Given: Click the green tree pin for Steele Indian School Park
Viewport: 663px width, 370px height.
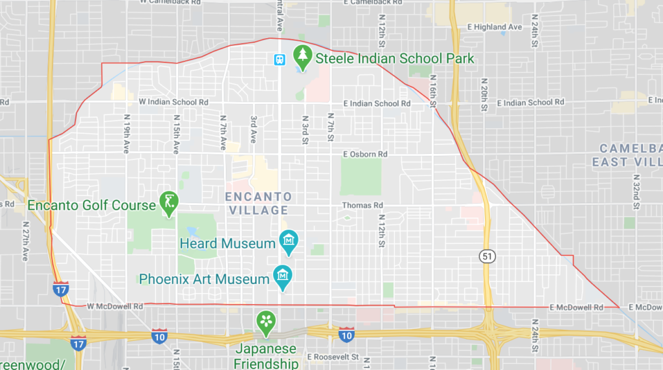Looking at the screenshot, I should pyautogui.click(x=302, y=58).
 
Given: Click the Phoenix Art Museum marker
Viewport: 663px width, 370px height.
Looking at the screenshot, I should pyautogui.click(x=282, y=277).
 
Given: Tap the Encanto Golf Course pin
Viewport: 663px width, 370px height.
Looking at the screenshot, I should pyautogui.click(x=169, y=204).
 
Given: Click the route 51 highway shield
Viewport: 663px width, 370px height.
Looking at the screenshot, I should pyautogui.click(x=488, y=256).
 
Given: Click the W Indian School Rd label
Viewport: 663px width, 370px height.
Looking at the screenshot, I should pyautogui.click(x=174, y=102).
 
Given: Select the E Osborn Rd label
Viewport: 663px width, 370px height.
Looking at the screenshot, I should pyautogui.click(x=365, y=154).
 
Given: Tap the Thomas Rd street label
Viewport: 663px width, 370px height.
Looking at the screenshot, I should pyautogui.click(x=363, y=205).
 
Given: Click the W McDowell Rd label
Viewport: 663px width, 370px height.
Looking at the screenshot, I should pyautogui.click(x=107, y=306).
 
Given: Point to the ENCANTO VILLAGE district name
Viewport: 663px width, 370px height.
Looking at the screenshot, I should pyautogui.click(x=258, y=203).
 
